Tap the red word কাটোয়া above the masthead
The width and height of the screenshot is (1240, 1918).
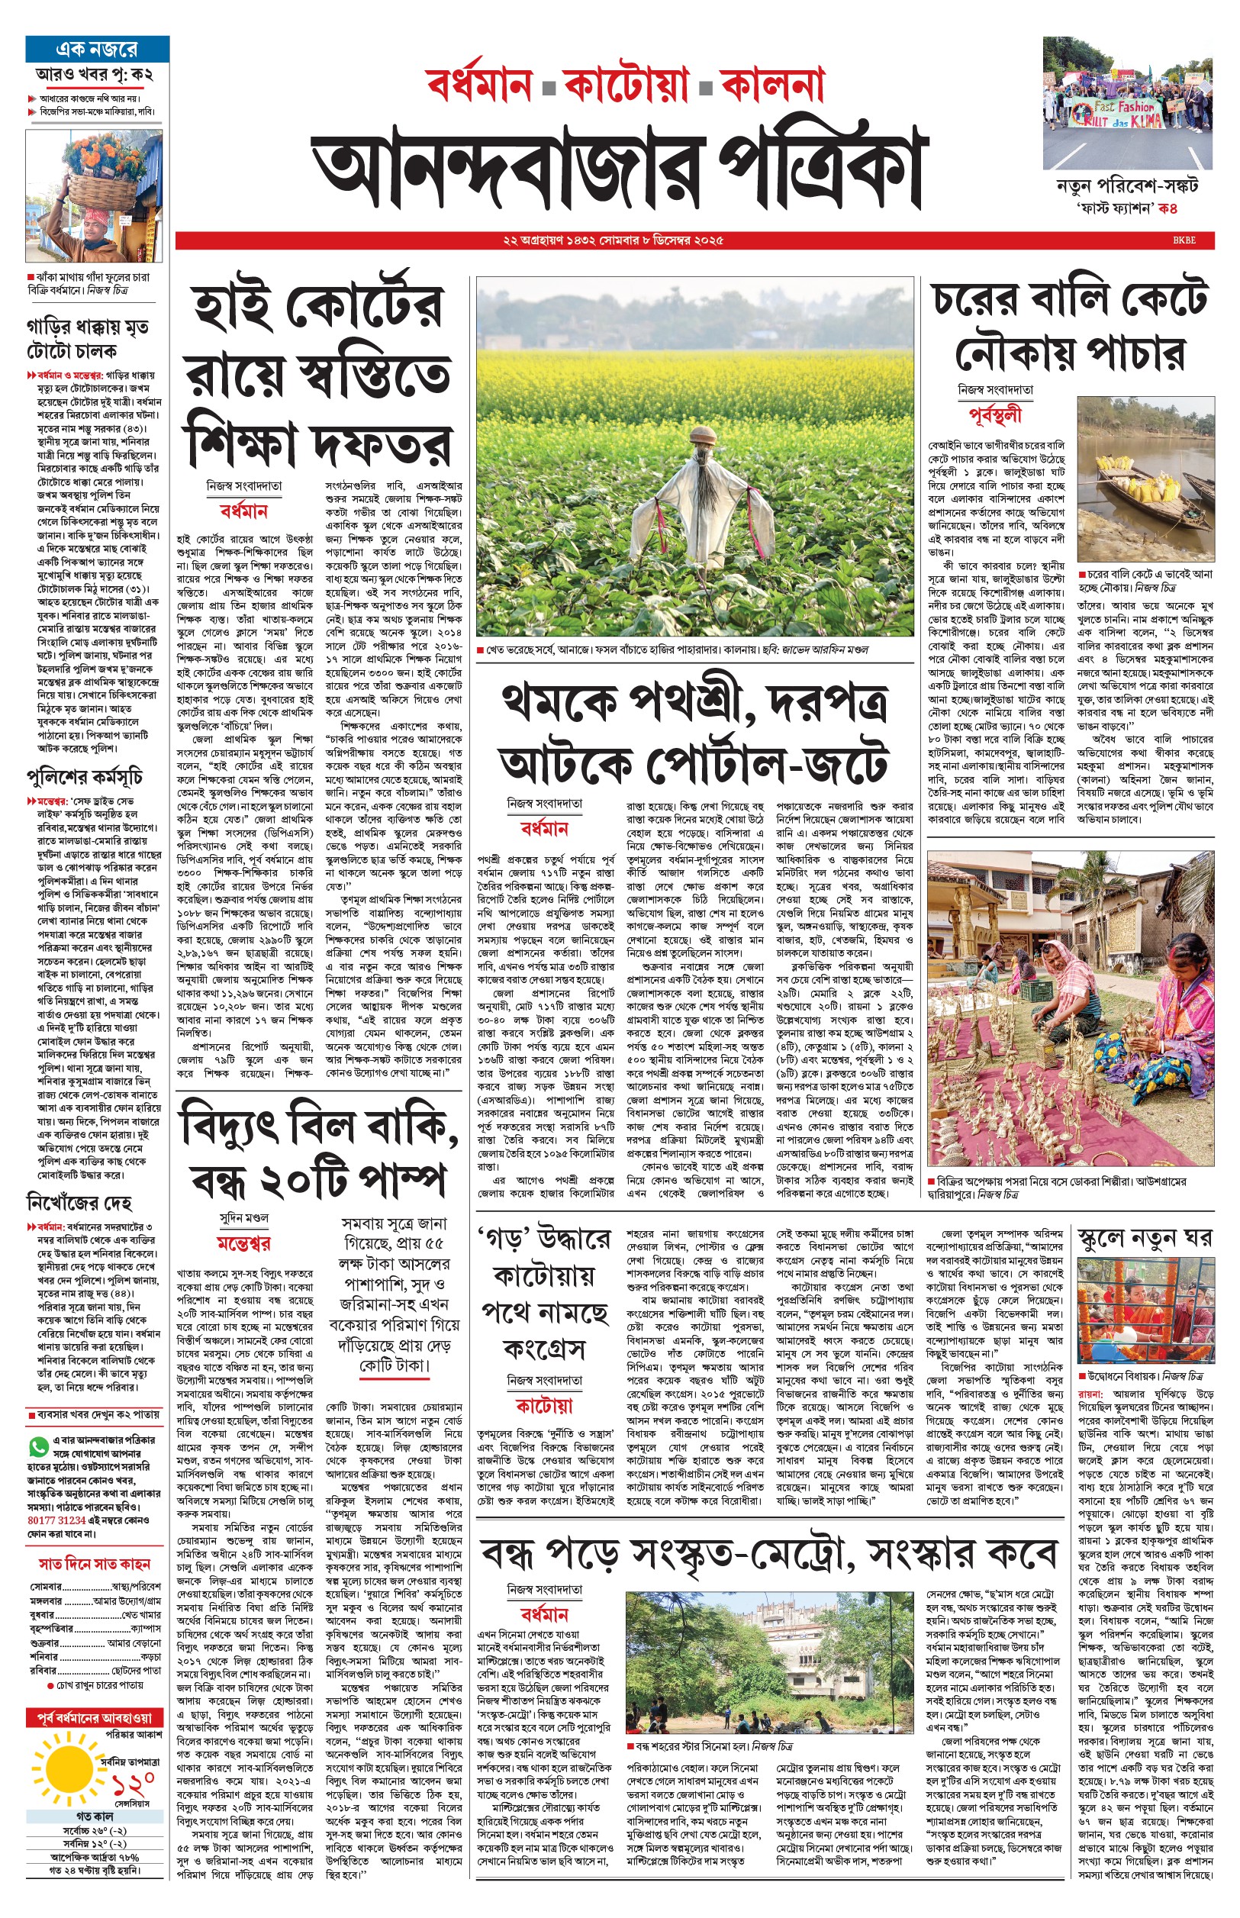626,85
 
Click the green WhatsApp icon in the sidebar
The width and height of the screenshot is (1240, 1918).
38,1447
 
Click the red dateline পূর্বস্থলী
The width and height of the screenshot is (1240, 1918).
995,415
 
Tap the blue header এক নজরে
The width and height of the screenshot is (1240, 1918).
97,49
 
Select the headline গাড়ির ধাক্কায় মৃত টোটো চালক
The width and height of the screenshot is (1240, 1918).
87,339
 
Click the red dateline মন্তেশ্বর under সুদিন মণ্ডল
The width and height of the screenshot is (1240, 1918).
244,1243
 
